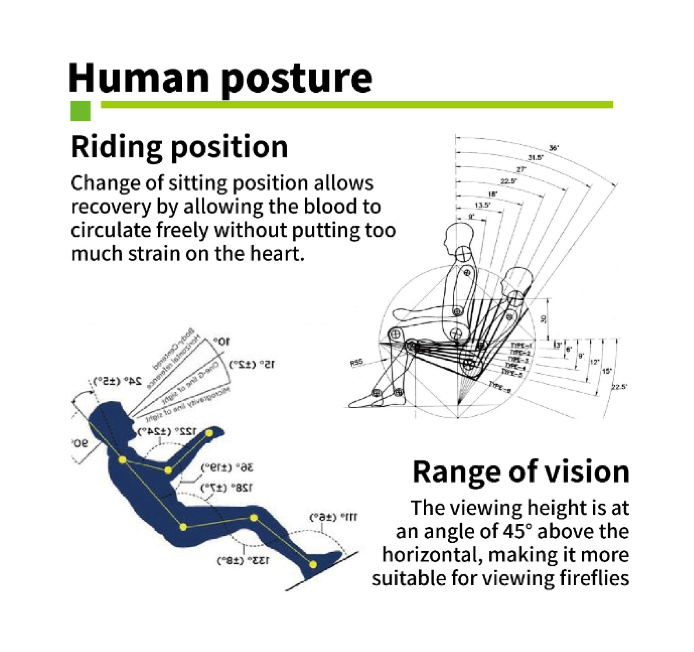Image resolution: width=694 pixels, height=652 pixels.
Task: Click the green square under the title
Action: tap(80, 111)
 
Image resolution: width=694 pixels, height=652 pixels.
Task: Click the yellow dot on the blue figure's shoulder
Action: tap(122, 460)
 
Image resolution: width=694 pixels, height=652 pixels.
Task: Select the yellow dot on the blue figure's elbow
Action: tap(168, 470)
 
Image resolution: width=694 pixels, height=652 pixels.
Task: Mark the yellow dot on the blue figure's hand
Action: tap(209, 434)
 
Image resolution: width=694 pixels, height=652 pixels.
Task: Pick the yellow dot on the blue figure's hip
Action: tap(183, 527)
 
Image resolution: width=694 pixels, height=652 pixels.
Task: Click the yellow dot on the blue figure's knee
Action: tap(254, 518)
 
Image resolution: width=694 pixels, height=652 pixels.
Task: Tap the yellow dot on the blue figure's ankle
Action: tap(313, 565)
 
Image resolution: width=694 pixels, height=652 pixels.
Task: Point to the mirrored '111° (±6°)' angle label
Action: tap(333, 517)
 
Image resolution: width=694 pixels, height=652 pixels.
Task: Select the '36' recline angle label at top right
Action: tap(554, 148)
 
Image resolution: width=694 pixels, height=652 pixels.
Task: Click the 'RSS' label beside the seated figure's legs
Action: tap(356, 362)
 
